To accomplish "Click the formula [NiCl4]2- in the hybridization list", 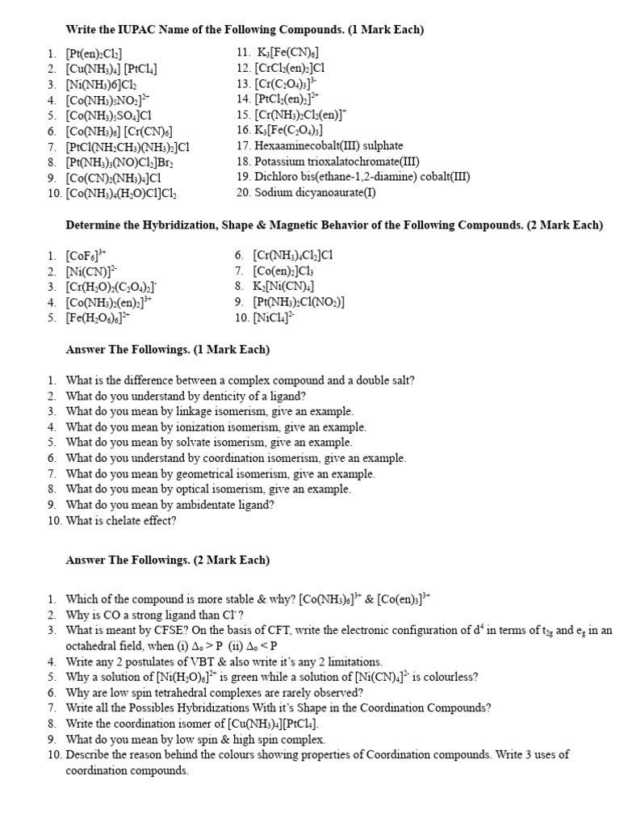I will coord(274,318).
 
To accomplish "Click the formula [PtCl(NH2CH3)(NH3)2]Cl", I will coord(128,147).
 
